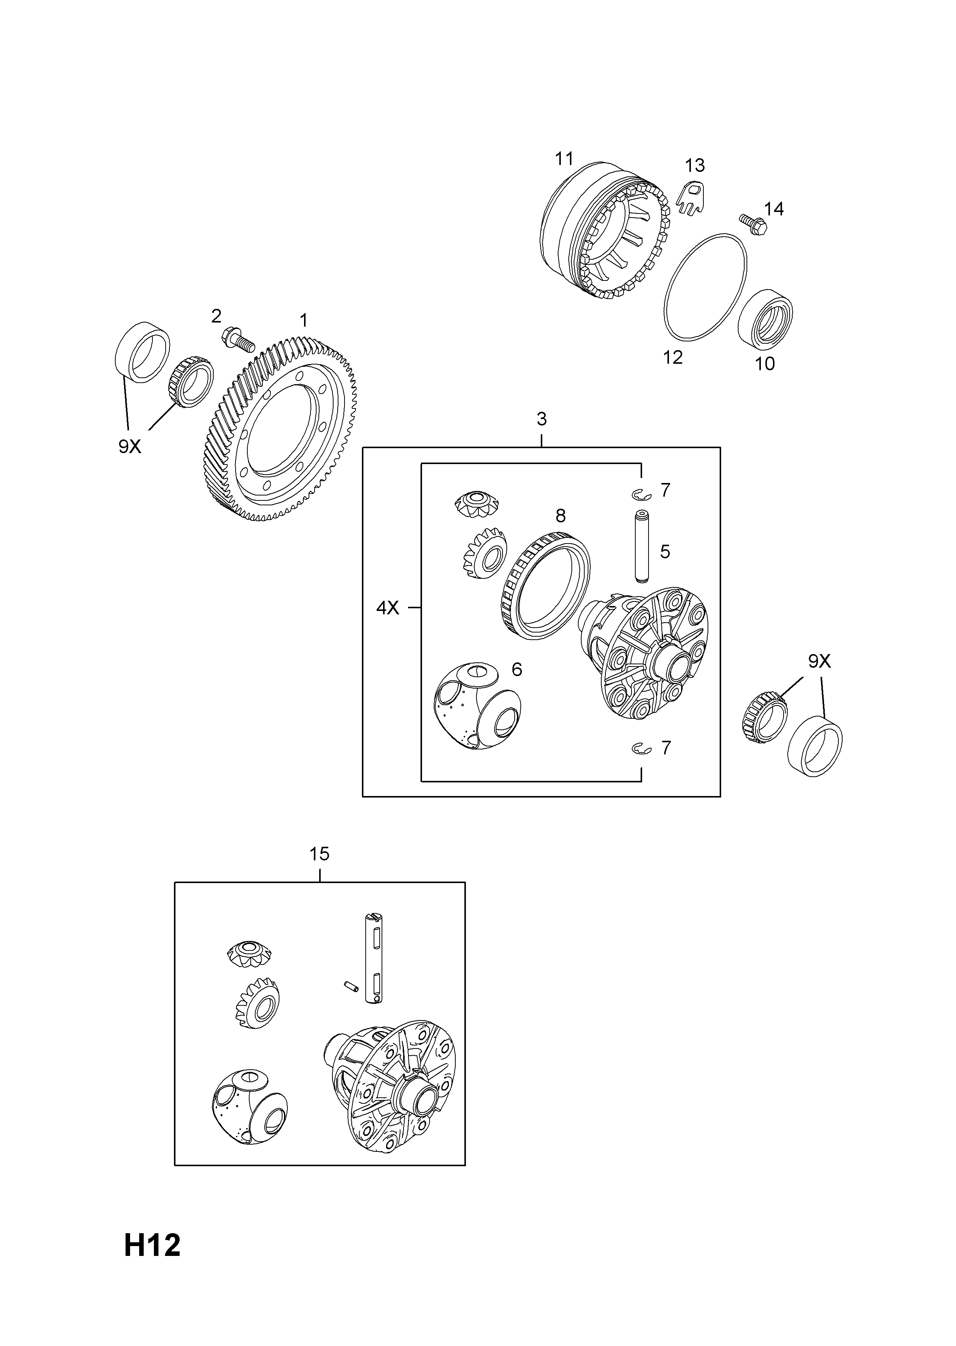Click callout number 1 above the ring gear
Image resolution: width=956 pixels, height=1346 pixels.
pyautogui.click(x=303, y=321)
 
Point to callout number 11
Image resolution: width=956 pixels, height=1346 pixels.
pyautogui.click(x=564, y=159)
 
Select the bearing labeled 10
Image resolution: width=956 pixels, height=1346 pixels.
pyautogui.click(x=765, y=315)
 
